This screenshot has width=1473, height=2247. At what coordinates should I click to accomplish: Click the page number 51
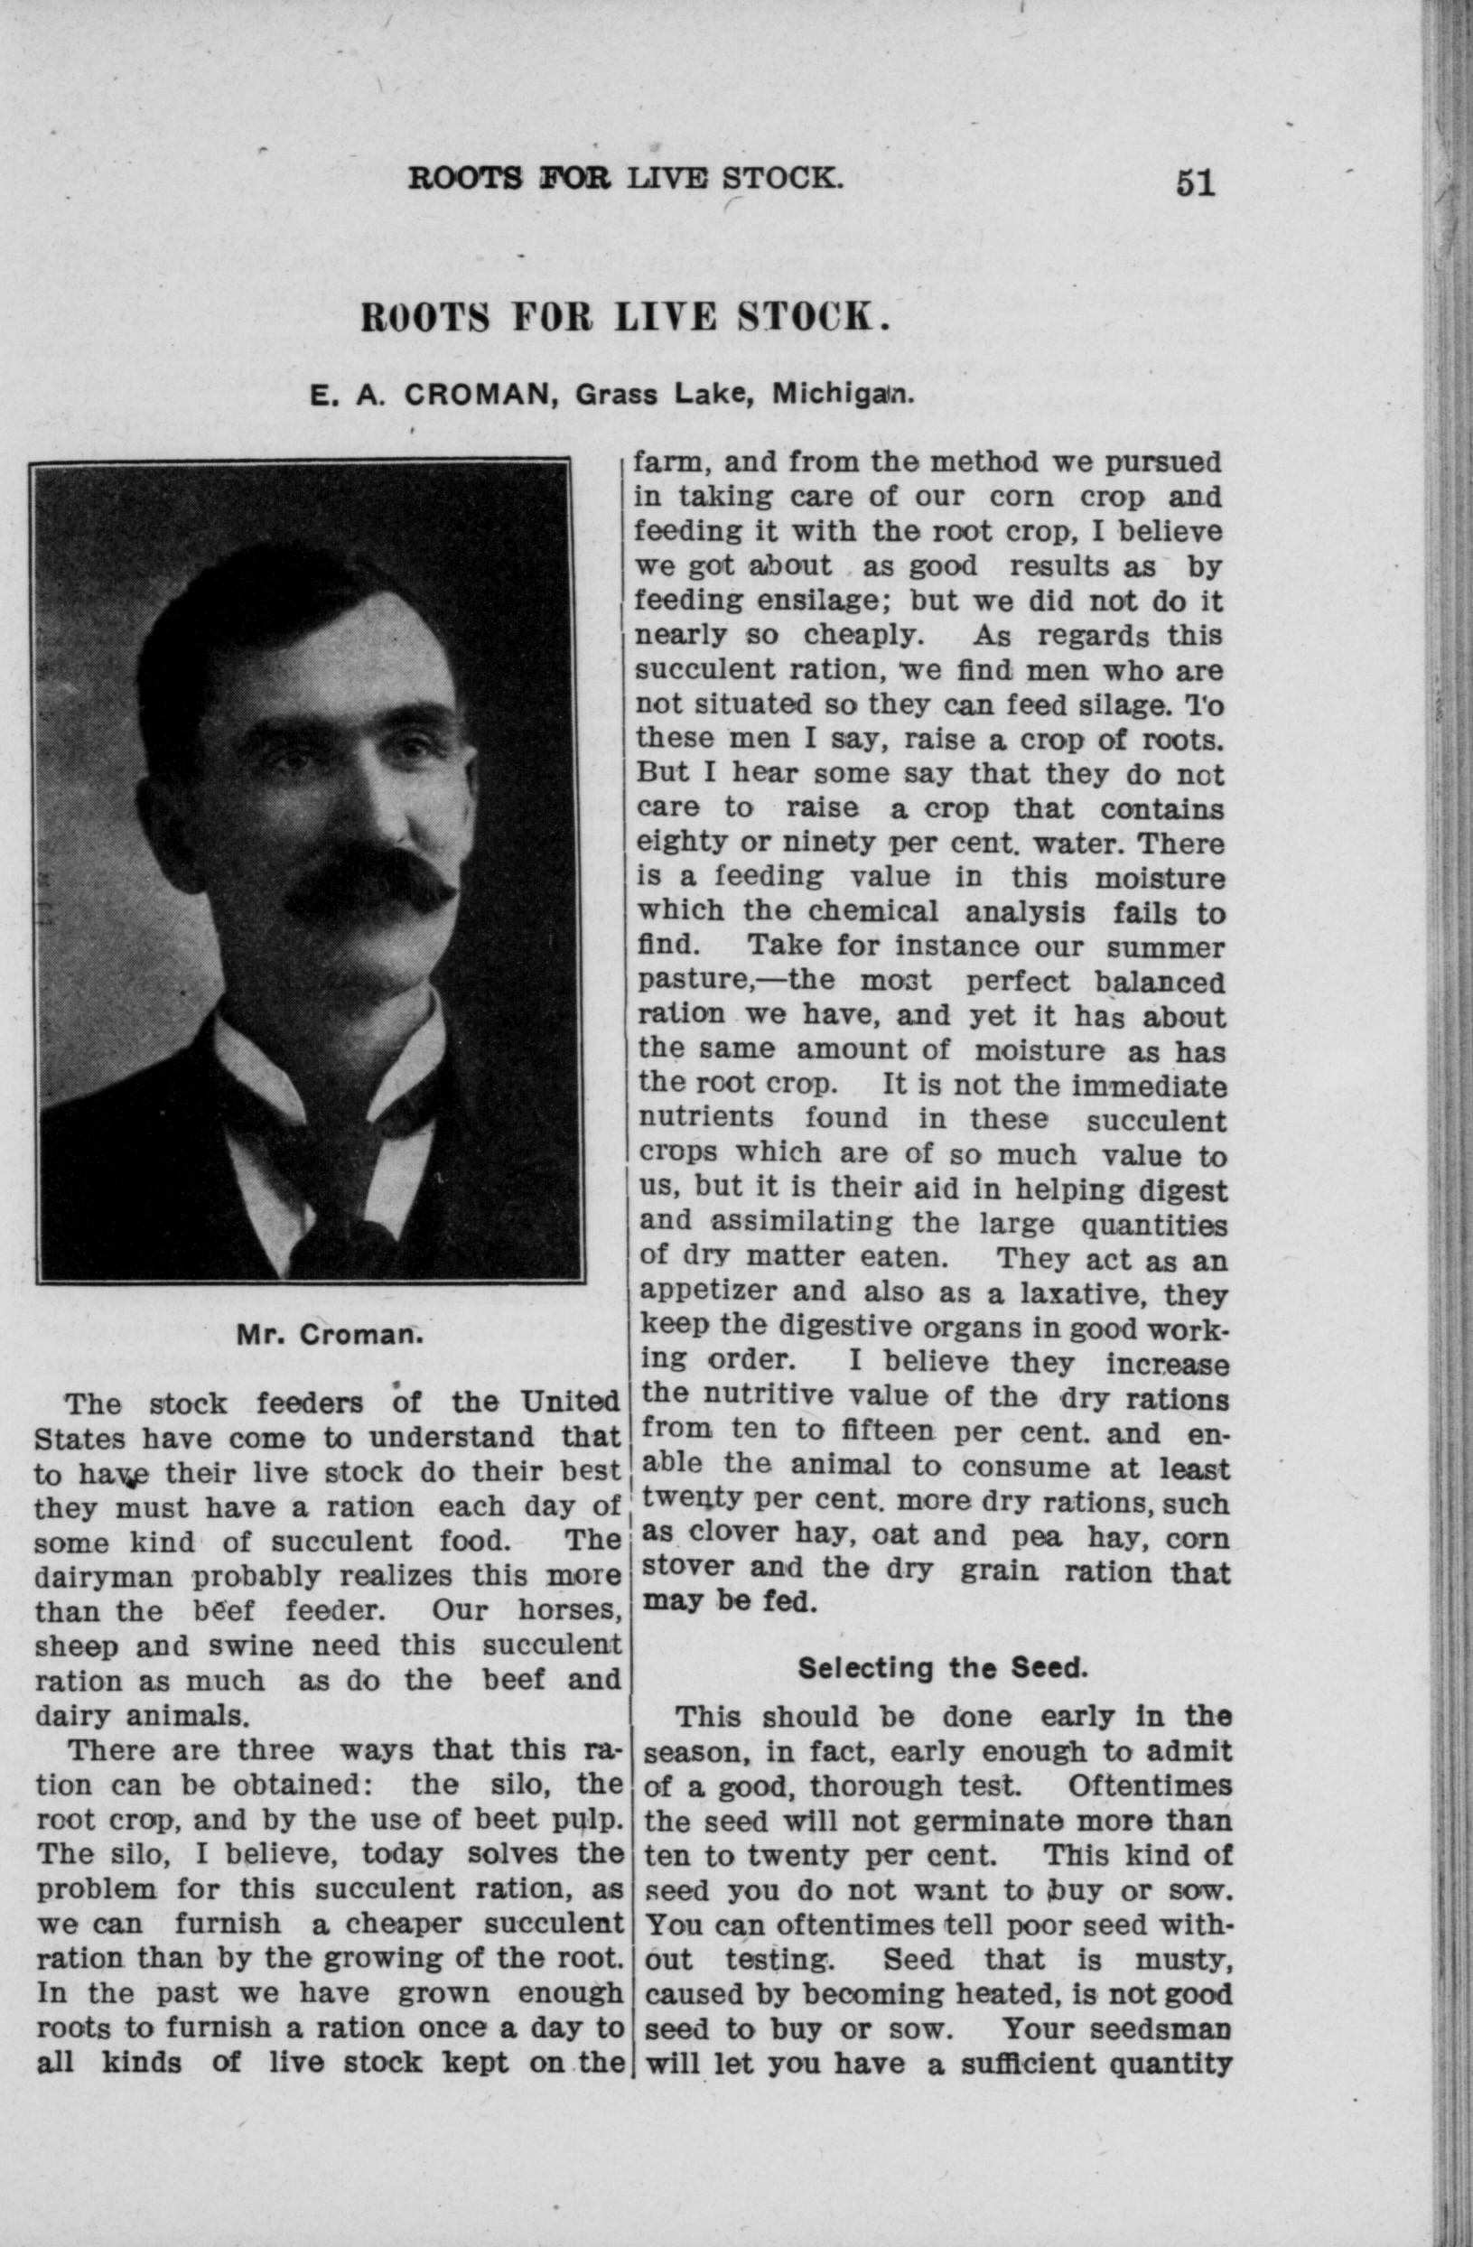pos(1195,182)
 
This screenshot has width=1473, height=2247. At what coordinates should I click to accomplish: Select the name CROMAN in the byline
pos(477,394)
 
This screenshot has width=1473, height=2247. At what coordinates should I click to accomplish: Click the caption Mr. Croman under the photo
pos(328,1336)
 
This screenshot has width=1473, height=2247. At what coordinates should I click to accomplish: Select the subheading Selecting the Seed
pos(943,1668)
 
